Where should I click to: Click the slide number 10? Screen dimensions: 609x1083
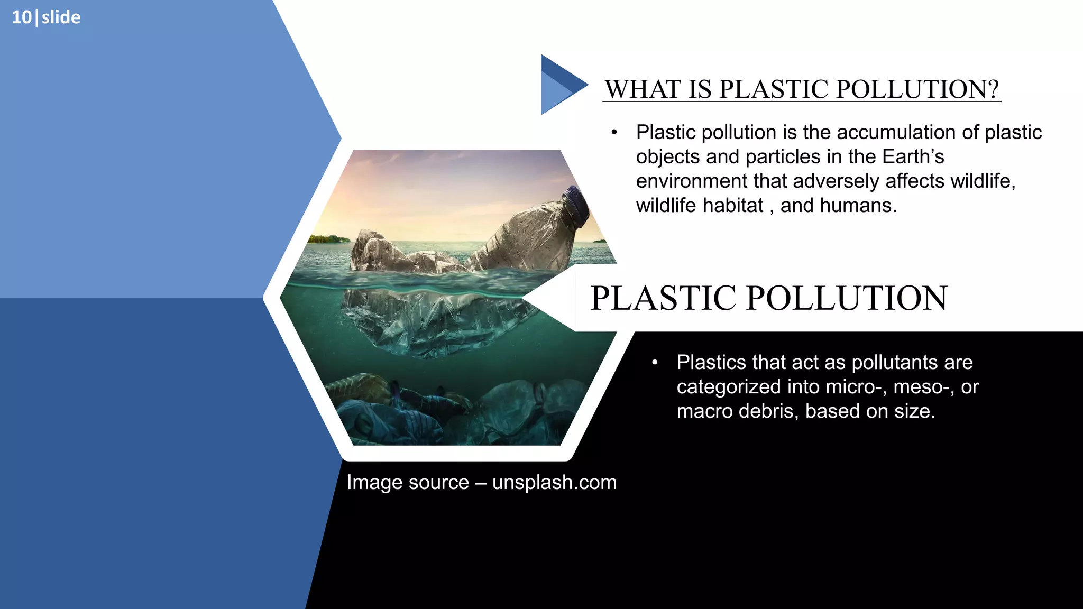(22, 17)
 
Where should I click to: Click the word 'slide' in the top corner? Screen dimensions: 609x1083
(61, 17)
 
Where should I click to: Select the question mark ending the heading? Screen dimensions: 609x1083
(993, 89)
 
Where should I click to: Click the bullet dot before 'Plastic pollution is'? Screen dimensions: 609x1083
(614, 132)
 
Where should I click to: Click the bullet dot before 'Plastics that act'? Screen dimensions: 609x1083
(655, 363)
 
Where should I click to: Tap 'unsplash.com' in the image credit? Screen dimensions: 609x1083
(554, 482)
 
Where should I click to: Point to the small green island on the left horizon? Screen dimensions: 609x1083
(329, 239)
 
